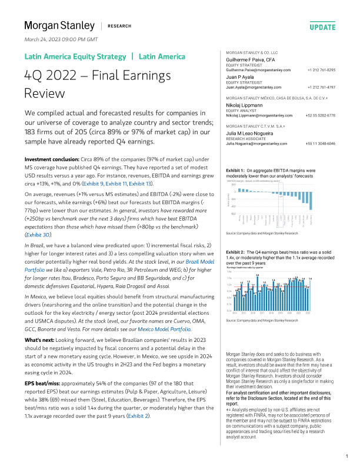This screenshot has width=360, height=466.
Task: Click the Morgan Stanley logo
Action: pyautogui.click(x=59, y=25)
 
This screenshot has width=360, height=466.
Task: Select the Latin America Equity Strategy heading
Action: pyautogui.click(x=75, y=57)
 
